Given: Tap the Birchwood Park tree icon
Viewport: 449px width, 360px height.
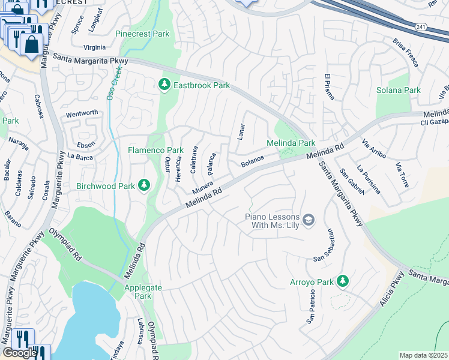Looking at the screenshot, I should pyautogui.click(x=143, y=186).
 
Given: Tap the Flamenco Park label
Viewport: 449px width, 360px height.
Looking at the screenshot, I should pyautogui.click(x=155, y=150).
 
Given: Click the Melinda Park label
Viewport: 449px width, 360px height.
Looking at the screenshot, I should pyautogui.click(x=291, y=143).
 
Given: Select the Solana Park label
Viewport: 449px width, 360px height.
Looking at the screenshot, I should pyautogui.click(x=398, y=90).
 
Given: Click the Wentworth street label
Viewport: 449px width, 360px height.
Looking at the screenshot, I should pyautogui.click(x=82, y=113).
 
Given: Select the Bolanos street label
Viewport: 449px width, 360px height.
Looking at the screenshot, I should pyautogui.click(x=252, y=161).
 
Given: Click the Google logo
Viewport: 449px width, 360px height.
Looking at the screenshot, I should pyautogui.click(x=20, y=353).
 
